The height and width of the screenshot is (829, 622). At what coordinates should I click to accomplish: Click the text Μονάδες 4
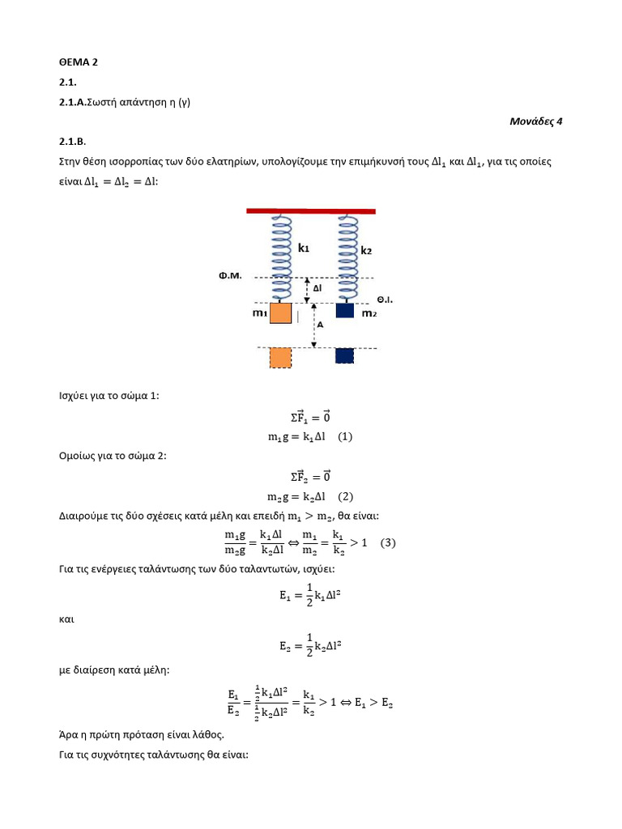point(535,121)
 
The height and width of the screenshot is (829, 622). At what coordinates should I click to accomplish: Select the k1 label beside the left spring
point(304,249)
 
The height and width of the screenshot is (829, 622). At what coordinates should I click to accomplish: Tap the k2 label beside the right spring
point(366,251)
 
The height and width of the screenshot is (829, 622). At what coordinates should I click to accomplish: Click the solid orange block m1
point(280,314)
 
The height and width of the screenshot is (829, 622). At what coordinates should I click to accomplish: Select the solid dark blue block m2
point(345,311)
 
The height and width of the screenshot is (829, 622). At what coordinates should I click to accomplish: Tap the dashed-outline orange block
point(280,358)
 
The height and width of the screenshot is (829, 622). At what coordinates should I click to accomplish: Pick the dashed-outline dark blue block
point(345,355)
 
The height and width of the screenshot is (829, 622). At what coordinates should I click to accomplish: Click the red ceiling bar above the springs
point(311,211)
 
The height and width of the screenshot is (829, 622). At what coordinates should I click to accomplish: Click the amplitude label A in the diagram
point(321,325)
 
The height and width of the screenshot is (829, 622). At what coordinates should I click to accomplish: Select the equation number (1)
point(345,436)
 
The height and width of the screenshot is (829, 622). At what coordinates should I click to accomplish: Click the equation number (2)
point(345,496)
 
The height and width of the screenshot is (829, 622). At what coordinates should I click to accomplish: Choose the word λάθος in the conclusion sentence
point(206,735)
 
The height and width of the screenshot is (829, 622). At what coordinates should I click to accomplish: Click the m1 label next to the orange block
point(259,313)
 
